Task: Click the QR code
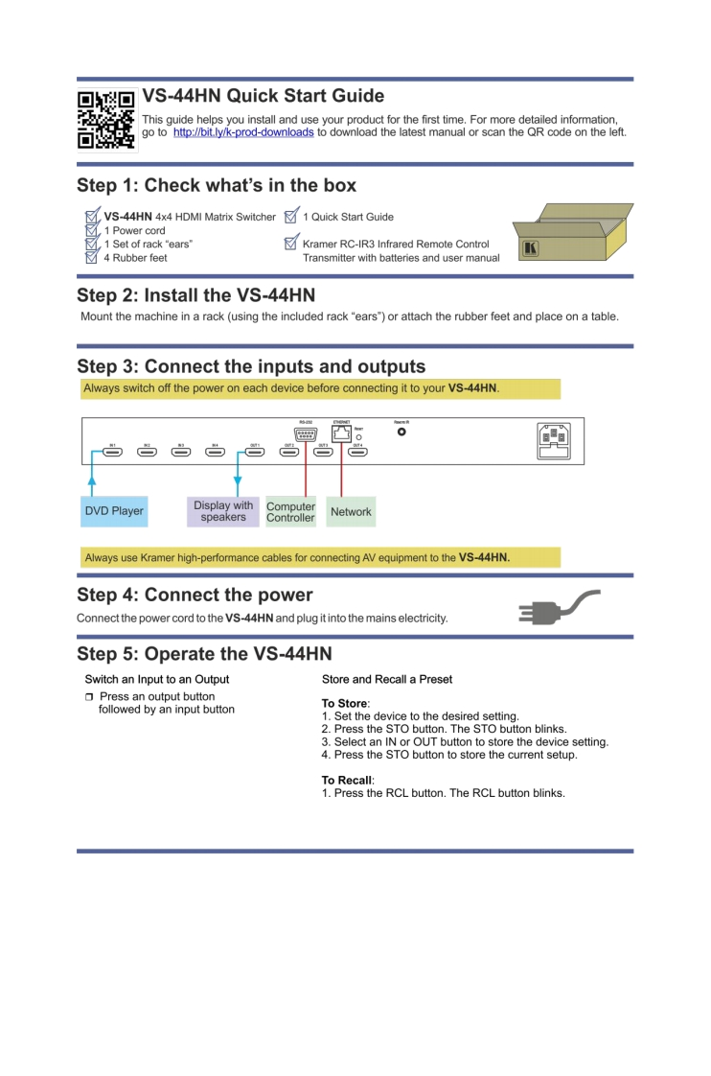click(106, 120)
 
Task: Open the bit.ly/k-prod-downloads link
click(243, 132)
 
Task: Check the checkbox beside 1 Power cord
click(92, 230)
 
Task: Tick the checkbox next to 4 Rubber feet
click(92, 257)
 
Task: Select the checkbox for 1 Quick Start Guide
click(292, 217)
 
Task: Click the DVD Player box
click(113, 511)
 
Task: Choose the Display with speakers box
click(223, 511)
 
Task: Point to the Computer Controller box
click(290, 511)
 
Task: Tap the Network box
click(351, 511)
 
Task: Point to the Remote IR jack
click(401, 432)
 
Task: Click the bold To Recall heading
click(346, 781)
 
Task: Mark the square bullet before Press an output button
click(89, 696)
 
